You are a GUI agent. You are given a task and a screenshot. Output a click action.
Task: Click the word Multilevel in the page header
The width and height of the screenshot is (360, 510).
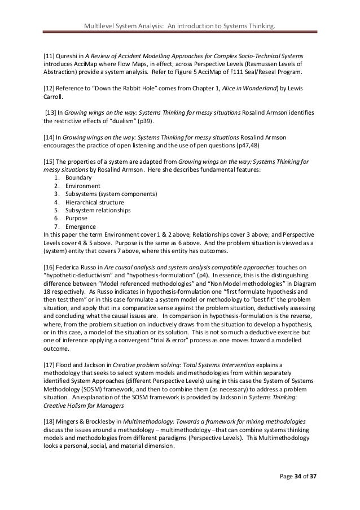tap(99, 25)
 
